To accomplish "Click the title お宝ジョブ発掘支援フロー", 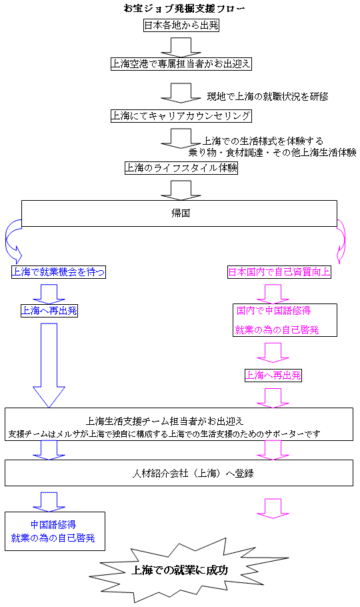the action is pyautogui.click(x=184, y=9).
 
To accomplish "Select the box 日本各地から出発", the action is pyautogui.click(x=181, y=25).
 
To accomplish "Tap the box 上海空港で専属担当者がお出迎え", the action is pyautogui.click(x=181, y=64).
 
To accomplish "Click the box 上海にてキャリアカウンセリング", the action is pyautogui.click(x=181, y=116).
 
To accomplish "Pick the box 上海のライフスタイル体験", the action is pyautogui.click(x=181, y=168).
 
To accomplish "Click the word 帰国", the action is pyautogui.click(x=181, y=213).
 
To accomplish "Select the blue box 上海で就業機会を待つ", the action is pyautogui.click(x=58, y=272).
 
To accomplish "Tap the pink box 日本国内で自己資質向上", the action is pyautogui.click(x=279, y=272).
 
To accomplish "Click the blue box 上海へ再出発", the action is pyautogui.click(x=49, y=311).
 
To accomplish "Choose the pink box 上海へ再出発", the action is pyautogui.click(x=273, y=376).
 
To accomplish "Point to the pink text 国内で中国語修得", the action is pyautogui.click(x=274, y=311).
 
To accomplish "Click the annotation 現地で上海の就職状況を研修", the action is pyautogui.click(x=268, y=97).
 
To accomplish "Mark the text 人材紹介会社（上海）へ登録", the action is pyautogui.click(x=193, y=473).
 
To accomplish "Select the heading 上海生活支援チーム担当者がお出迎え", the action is pyautogui.click(x=165, y=421).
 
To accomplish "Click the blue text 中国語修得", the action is pyautogui.click(x=53, y=524).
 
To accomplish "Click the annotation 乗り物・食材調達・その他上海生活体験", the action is pyautogui.click(x=273, y=153).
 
